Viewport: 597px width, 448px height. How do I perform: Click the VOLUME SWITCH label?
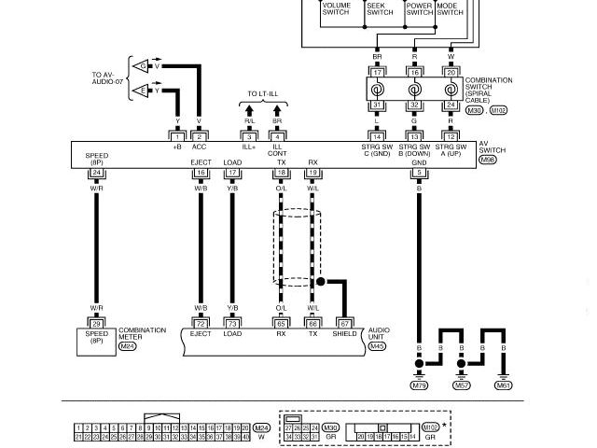(336, 8)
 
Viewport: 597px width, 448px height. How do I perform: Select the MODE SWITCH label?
(450, 8)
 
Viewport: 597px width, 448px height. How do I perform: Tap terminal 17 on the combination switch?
(378, 72)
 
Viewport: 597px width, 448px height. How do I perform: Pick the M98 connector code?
(487, 160)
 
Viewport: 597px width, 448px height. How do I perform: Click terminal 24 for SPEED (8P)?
(96, 173)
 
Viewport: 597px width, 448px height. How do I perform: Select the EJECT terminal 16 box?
(201, 173)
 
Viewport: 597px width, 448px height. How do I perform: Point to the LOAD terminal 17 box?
(232, 173)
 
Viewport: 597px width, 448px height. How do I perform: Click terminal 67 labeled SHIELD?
(344, 323)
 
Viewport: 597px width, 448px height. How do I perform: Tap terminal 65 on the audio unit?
(281, 323)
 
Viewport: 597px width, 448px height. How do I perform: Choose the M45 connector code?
(377, 346)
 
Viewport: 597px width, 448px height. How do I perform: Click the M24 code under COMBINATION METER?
(127, 346)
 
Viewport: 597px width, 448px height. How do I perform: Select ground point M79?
(420, 385)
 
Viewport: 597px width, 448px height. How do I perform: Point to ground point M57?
(462, 385)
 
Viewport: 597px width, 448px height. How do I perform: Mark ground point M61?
(504, 385)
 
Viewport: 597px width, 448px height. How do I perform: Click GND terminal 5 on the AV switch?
(420, 173)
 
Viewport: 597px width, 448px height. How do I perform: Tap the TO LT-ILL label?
(263, 94)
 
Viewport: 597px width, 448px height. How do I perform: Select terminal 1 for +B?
(177, 137)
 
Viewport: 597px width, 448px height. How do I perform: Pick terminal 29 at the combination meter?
(96, 323)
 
